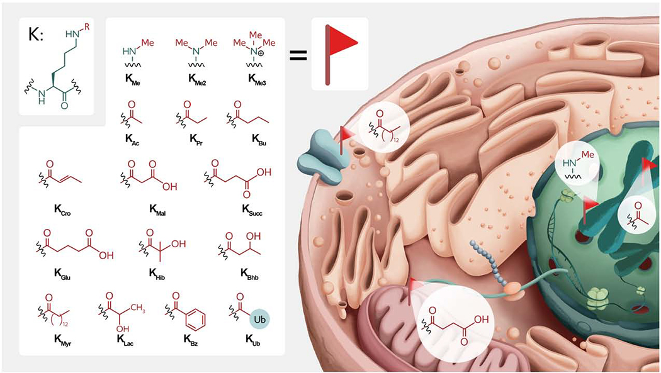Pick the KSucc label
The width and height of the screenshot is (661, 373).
click(239, 213)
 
